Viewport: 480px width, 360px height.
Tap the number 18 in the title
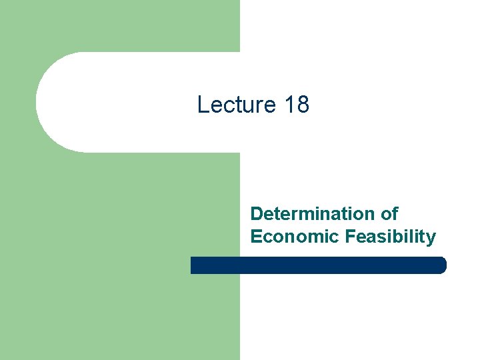pos(296,105)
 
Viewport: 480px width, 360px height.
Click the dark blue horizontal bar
pos(318,265)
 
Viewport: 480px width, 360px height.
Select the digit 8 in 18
pos(303,105)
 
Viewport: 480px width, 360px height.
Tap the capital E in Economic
pos(256,237)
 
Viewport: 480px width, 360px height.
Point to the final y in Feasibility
pos(431,239)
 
